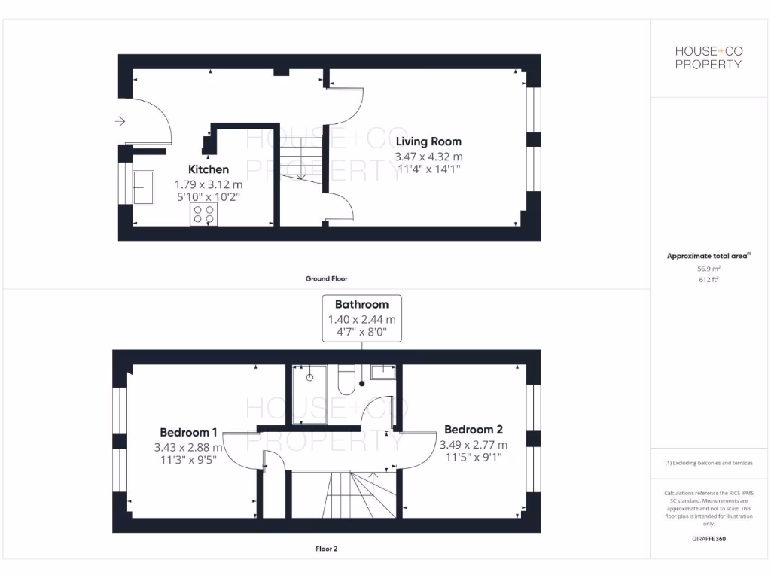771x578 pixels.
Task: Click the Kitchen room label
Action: click(209, 169)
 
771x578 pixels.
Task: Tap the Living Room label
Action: click(428, 141)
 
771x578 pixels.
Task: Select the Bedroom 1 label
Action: click(188, 432)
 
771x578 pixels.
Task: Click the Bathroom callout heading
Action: click(361, 305)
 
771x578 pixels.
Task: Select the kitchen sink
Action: click(142, 187)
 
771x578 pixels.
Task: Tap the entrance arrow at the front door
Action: click(120, 121)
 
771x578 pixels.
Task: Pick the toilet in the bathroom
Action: click(348, 380)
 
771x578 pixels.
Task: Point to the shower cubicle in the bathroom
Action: click(309, 394)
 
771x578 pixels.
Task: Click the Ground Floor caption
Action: click(326, 278)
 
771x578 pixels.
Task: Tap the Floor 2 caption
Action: click(326, 549)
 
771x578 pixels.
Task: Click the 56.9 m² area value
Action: click(709, 268)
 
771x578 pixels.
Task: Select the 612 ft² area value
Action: click(709, 279)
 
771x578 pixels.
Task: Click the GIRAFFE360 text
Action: click(709, 539)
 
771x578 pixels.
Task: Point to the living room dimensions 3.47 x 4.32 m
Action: click(428, 157)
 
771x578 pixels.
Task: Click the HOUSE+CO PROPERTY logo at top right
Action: click(708, 57)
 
